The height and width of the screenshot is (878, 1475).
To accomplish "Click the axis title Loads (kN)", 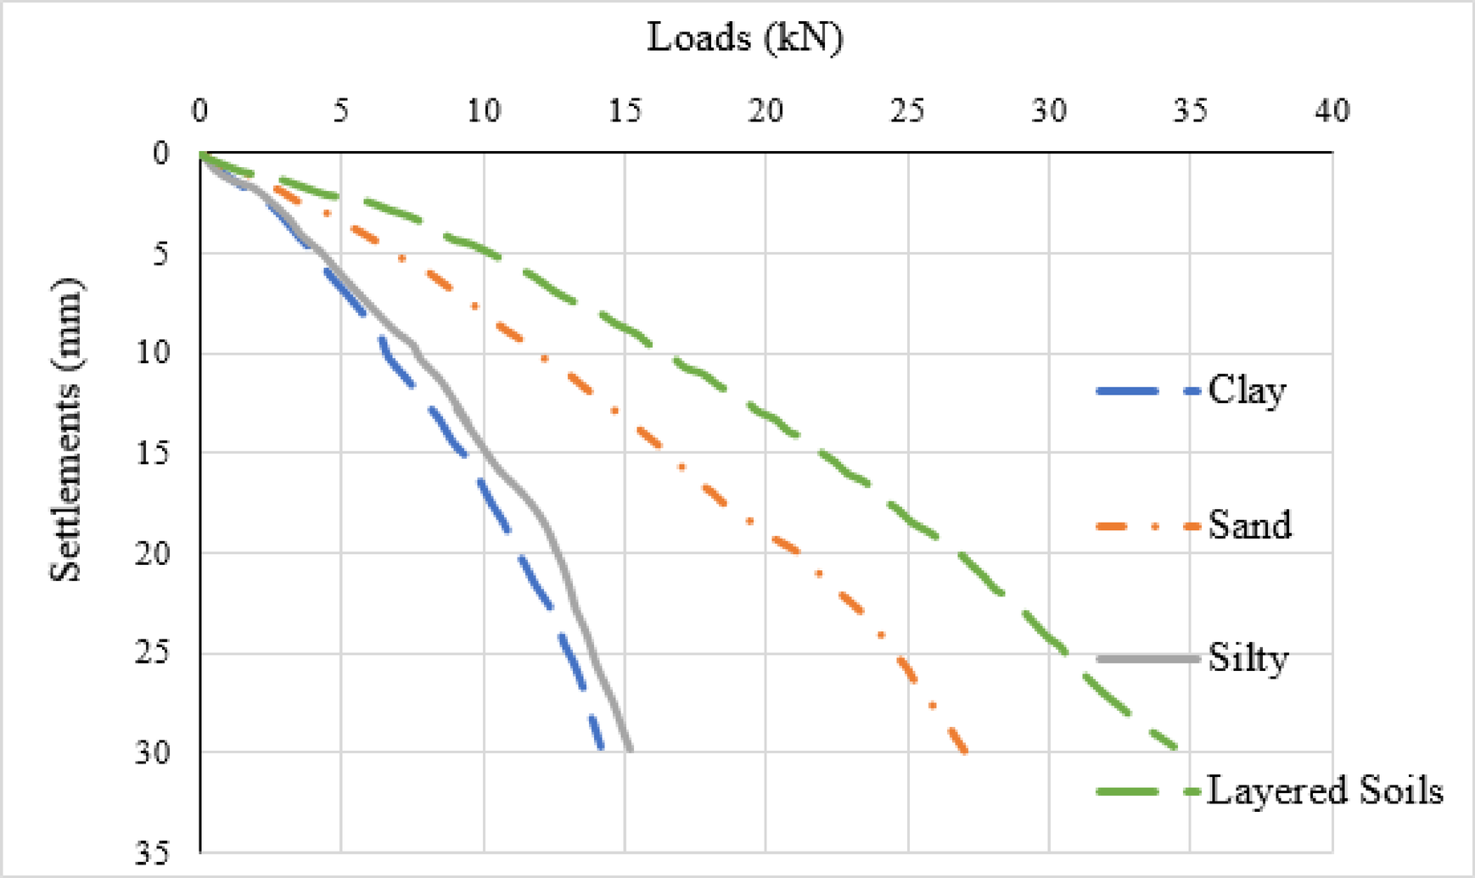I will (745, 38).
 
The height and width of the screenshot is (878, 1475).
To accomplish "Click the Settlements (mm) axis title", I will (65, 430).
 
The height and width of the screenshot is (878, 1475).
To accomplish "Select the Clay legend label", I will (1246, 391).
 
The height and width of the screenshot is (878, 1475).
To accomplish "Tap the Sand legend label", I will (1249, 525).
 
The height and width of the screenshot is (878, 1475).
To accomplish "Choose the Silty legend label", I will (1248, 658).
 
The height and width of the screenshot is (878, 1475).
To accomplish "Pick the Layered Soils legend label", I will (1324, 791).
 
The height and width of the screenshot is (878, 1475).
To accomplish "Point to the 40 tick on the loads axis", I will (1332, 111).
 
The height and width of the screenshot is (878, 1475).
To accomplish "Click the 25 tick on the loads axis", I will (906, 111).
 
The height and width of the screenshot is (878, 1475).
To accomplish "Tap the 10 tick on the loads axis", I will (483, 111).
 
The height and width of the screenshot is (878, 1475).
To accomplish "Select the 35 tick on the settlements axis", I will (153, 853).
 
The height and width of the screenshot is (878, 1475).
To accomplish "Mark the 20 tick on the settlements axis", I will (153, 553).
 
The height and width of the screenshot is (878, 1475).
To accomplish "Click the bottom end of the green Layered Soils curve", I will (1176, 748).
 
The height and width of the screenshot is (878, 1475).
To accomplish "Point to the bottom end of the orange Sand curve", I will (965, 751).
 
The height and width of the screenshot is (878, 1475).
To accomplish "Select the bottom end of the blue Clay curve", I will (601, 747).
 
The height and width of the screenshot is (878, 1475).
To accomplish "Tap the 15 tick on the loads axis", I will (625, 111).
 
